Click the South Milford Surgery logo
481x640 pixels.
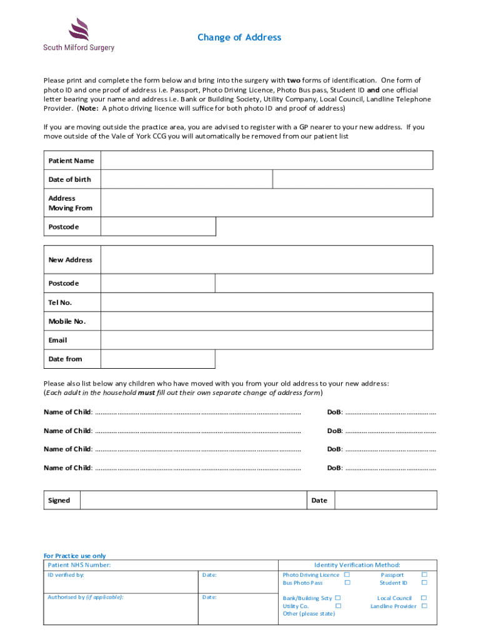79,35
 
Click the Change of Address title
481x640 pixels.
239,37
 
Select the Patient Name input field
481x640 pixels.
266,161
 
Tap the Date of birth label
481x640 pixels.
70,179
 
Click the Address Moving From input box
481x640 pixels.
266,203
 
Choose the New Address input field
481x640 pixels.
266,260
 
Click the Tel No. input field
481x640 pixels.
266,302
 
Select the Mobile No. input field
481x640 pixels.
266,321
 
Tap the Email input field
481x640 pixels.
266,340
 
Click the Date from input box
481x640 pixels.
157,359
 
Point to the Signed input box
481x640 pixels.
194,500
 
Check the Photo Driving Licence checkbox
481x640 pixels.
347,574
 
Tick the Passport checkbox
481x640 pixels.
425,574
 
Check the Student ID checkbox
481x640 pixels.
425,582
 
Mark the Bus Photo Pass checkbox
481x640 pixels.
347,582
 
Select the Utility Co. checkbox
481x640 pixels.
338,606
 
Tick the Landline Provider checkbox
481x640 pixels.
425,606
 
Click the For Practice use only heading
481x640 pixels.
74,556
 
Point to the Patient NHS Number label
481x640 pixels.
79,565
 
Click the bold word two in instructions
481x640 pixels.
294,81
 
